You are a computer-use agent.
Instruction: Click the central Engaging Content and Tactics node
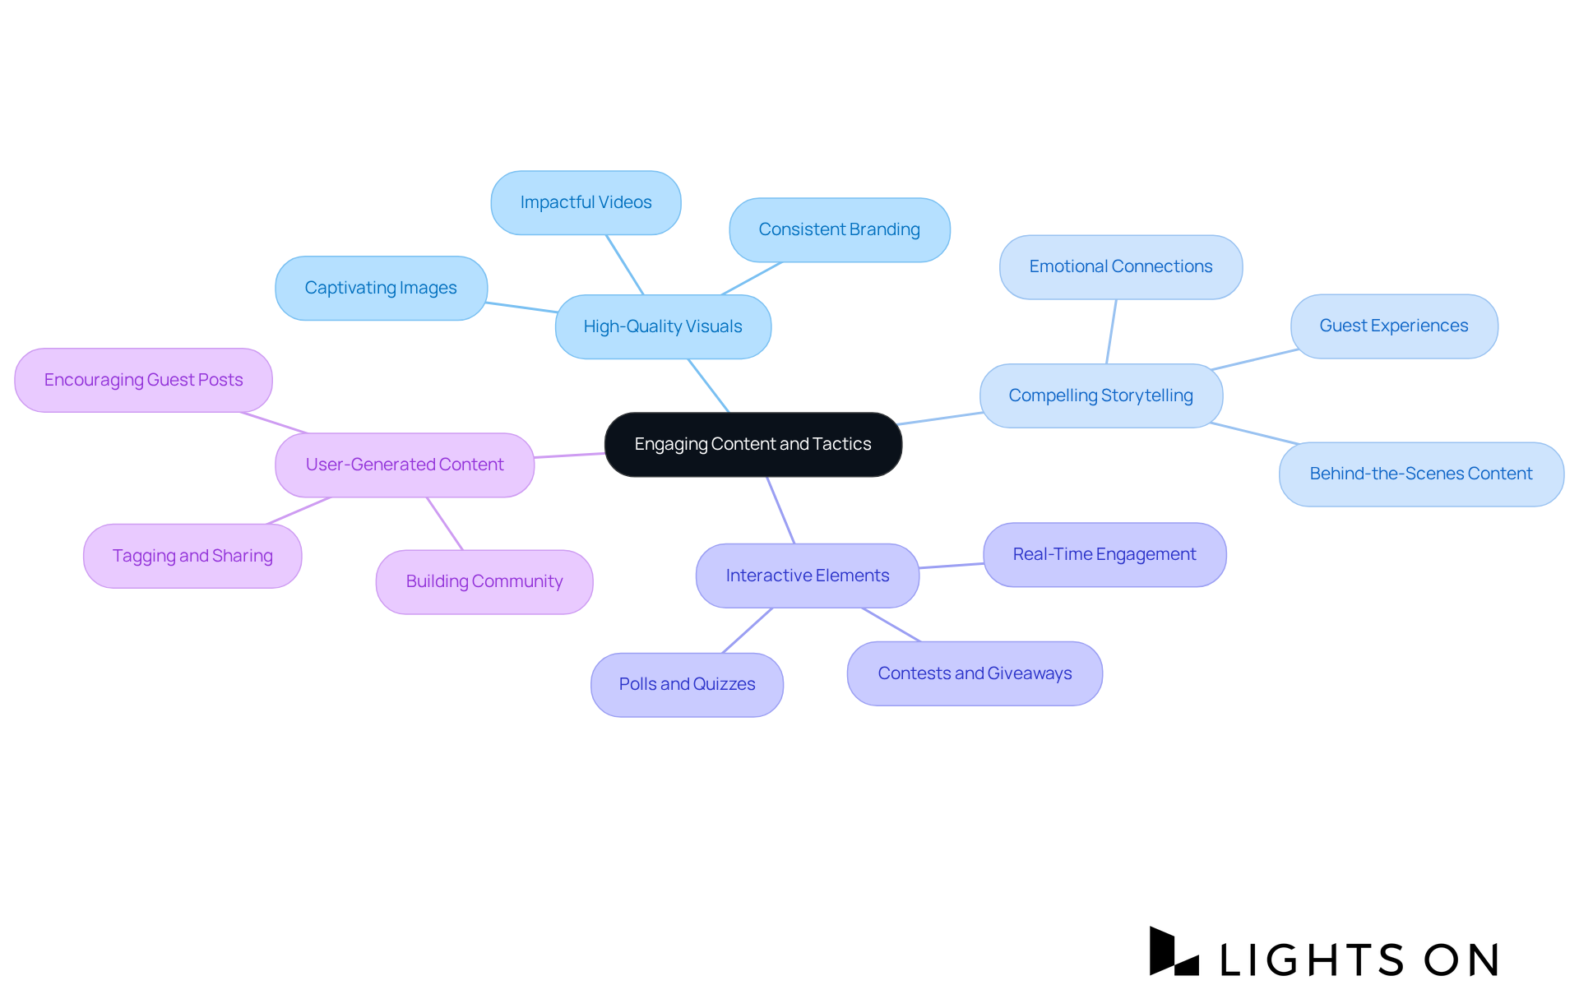752,444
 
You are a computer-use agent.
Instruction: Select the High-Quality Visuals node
663,326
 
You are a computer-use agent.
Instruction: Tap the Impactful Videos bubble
586,202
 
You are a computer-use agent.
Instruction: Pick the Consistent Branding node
839,229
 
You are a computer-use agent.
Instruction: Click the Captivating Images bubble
381,288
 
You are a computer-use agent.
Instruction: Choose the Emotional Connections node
1120,266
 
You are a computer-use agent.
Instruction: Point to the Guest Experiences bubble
1393,326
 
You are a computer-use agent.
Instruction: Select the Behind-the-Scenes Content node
1420,474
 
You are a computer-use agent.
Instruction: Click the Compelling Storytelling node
1100,395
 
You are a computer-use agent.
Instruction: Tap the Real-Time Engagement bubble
1104,554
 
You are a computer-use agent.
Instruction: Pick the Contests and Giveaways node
975,673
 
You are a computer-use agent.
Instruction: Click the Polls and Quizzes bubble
687,684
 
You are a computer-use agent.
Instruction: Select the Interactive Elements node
807,576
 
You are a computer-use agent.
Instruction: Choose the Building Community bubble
484,581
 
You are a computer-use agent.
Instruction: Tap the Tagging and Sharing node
192,556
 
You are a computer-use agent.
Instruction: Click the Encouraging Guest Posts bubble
143,380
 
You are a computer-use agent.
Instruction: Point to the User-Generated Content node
404,465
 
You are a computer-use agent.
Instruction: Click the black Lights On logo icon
1173,952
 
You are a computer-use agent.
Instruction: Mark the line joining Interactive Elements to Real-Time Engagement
952,566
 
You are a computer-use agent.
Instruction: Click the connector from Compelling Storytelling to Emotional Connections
1111,331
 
